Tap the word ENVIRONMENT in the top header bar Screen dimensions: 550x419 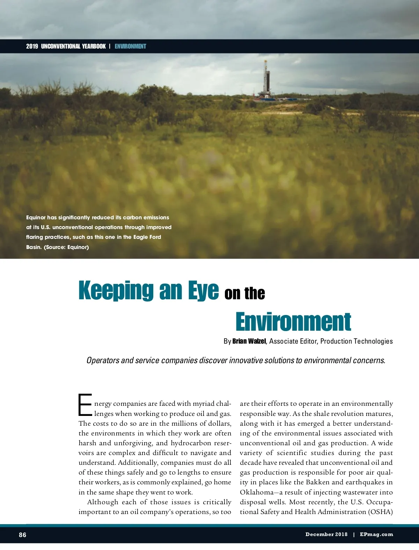(x=130, y=46)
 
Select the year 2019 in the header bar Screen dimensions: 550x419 (x=32, y=46)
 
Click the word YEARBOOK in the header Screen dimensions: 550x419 (x=94, y=46)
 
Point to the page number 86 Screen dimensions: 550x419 (x=22, y=535)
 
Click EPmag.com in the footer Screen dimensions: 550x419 (x=376, y=534)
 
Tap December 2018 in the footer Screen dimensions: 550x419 (x=326, y=534)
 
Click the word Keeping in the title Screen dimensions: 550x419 (x=116, y=290)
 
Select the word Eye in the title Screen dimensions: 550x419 (x=203, y=290)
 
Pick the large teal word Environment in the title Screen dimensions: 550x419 (x=293, y=322)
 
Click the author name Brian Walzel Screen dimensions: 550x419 (x=249, y=341)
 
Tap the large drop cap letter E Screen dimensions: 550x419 (x=85, y=405)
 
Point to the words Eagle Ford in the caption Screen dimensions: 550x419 (x=147, y=237)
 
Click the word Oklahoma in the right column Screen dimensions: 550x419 (x=257, y=492)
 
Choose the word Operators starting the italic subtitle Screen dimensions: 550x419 (x=103, y=360)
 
